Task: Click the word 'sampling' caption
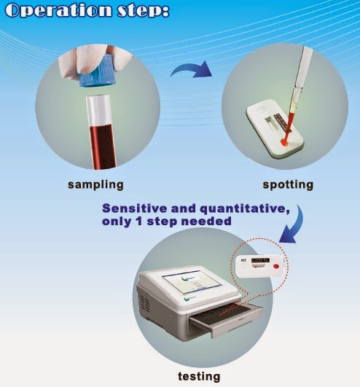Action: (95, 184)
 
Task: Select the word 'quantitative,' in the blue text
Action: (233, 208)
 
